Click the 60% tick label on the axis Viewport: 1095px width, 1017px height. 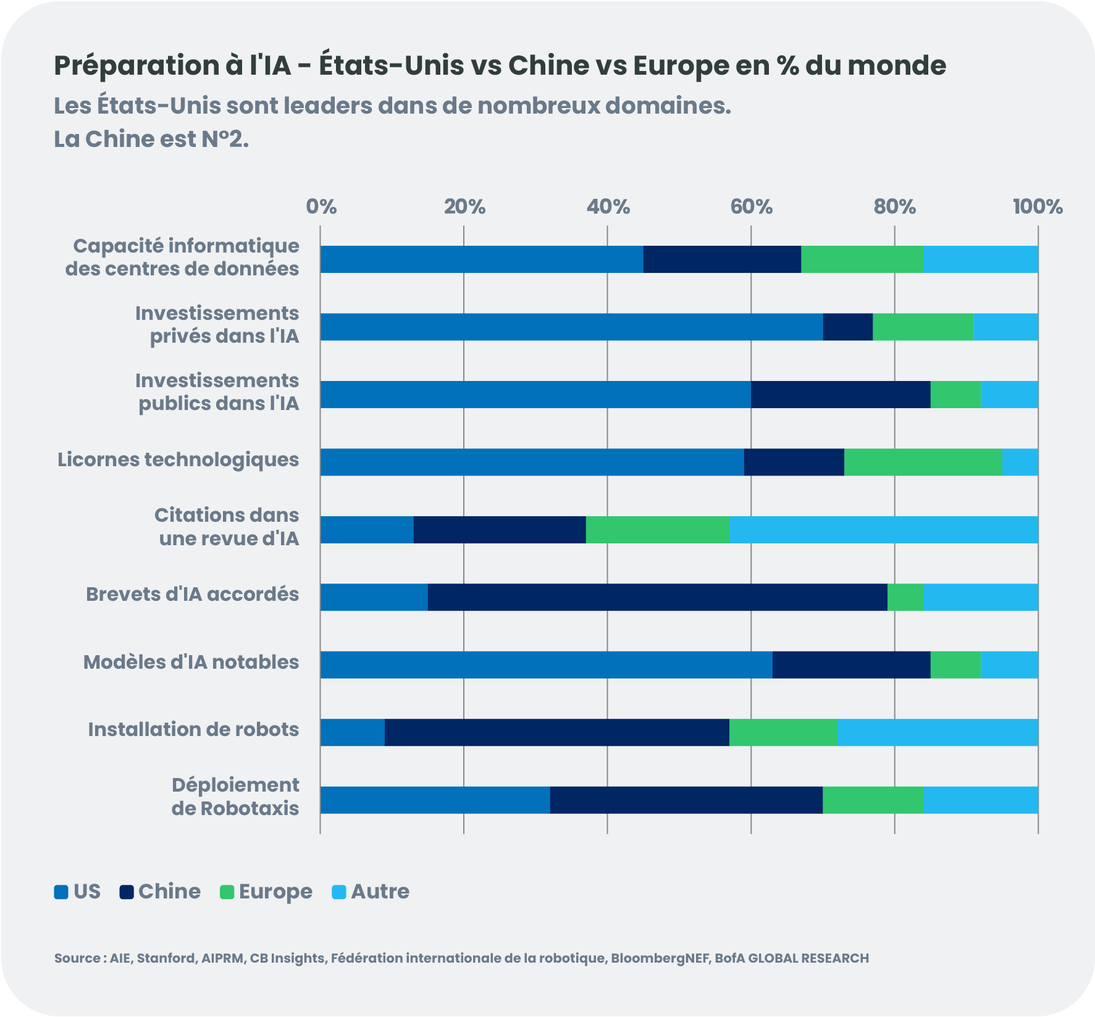(x=751, y=206)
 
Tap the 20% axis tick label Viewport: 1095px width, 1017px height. (x=464, y=206)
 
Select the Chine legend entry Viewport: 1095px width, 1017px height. (x=161, y=892)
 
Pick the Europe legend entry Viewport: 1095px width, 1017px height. (x=266, y=892)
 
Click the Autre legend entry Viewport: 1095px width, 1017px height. (x=371, y=892)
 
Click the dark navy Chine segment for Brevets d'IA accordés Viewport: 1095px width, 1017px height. (x=657, y=597)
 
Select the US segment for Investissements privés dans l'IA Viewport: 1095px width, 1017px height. (x=571, y=327)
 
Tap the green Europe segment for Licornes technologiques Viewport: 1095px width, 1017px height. (x=923, y=462)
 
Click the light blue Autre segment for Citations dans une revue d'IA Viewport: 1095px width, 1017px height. (x=884, y=530)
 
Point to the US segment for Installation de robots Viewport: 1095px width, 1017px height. (x=352, y=732)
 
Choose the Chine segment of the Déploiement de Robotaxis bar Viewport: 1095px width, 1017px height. (x=686, y=800)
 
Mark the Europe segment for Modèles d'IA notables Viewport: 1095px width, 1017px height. (x=955, y=665)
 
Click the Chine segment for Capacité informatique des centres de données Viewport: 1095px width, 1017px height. (x=722, y=259)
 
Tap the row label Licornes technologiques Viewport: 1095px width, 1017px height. (x=178, y=460)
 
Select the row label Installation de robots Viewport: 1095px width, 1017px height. (x=193, y=730)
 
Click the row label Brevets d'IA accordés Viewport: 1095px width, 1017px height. (x=192, y=595)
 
